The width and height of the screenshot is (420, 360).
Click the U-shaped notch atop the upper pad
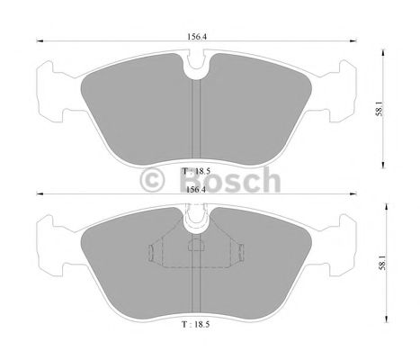[x=196, y=64]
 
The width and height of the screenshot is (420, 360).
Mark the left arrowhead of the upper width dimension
[x=37, y=39]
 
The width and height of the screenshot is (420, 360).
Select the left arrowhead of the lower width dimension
[x=37, y=193]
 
